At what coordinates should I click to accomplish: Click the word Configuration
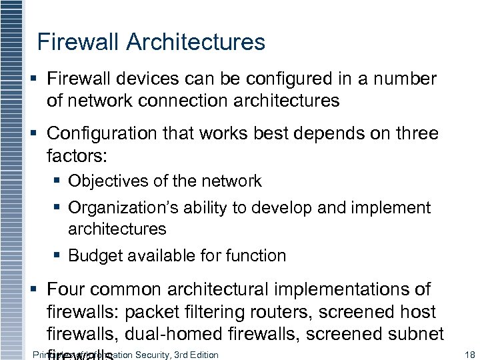100,133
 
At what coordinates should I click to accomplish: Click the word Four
65,289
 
